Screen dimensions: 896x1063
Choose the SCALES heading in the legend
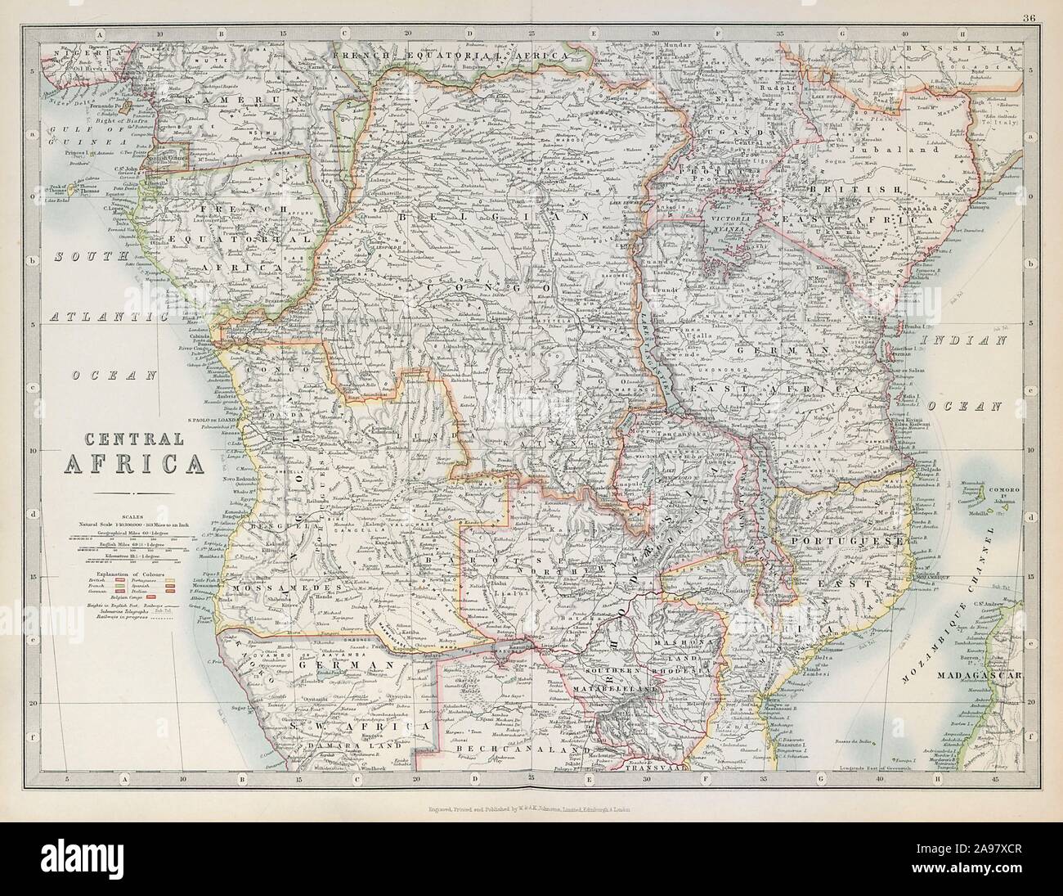[x=127, y=515]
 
